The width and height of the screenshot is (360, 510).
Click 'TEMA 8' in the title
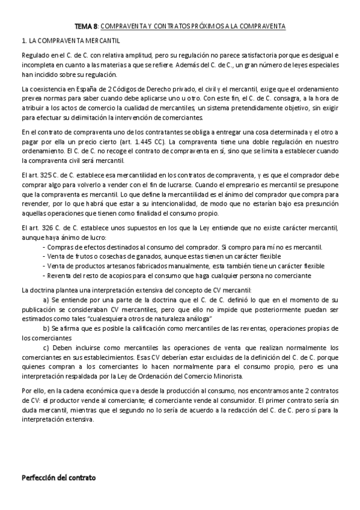tap(84, 26)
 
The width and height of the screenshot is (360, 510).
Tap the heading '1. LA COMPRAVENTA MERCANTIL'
tap(70, 40)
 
